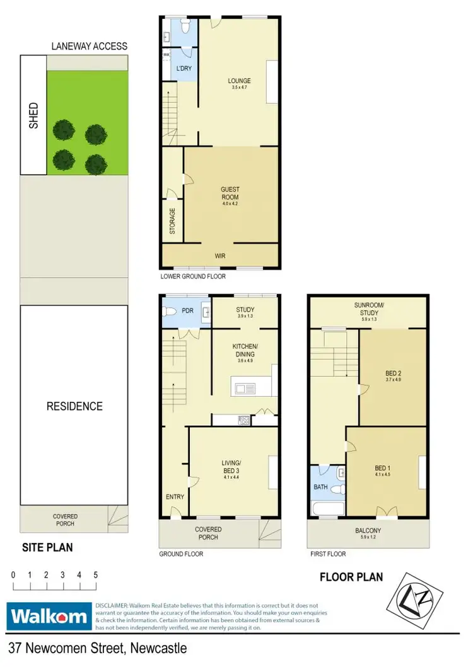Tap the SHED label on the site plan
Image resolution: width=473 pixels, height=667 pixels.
[x=33, y=116]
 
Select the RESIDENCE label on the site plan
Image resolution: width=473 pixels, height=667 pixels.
[x=74, y=406]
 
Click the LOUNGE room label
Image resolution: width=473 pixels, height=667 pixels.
[x=239, y=81]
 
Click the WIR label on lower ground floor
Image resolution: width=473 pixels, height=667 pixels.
[x=219, y=256]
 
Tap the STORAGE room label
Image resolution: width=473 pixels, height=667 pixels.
[x=172, y=221]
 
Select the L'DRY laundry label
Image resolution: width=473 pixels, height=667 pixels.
[x=184, y=68]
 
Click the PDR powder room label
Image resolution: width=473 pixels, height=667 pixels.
[x=187, y=310]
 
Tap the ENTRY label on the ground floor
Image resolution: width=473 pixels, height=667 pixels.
[x=175, y=497]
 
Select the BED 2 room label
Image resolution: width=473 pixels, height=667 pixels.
[x=393, y=373]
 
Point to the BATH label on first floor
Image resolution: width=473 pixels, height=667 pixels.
[x=320, y=487]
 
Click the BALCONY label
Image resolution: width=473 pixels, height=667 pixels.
[x=366, y=531]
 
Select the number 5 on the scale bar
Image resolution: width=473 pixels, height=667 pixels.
[x=95, y=575]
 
